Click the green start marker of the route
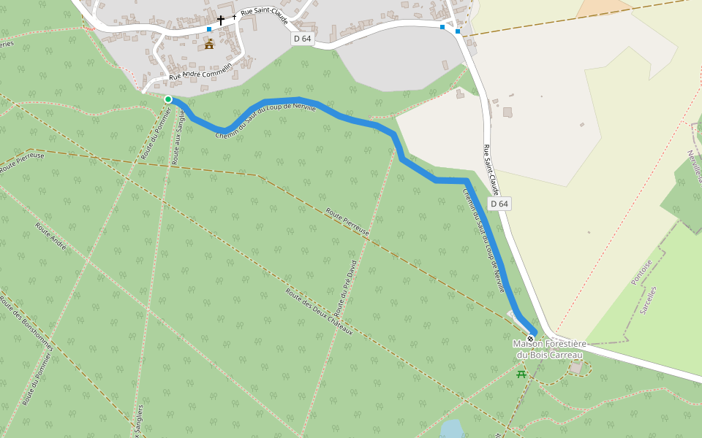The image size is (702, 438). pos(168,99)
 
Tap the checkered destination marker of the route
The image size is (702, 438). pos(530,339)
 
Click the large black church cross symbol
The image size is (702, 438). pos(221,20)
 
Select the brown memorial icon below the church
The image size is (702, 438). pos(209,45)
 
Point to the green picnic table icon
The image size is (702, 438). pos(521,374)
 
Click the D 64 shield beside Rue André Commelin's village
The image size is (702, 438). pos(303,39)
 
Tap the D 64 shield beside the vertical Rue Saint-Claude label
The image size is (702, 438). pos(499,204)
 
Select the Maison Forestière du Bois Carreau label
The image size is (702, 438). pos(549,349)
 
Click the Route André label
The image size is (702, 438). pos(50,236)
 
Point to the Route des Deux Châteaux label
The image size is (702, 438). pos(319,310)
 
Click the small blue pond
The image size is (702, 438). pos(452,428)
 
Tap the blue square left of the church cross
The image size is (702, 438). pos(209,29)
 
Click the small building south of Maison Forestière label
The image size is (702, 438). pos(576,367)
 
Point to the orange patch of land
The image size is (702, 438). pos(604,7)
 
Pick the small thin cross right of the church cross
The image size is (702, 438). pos(234,17)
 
